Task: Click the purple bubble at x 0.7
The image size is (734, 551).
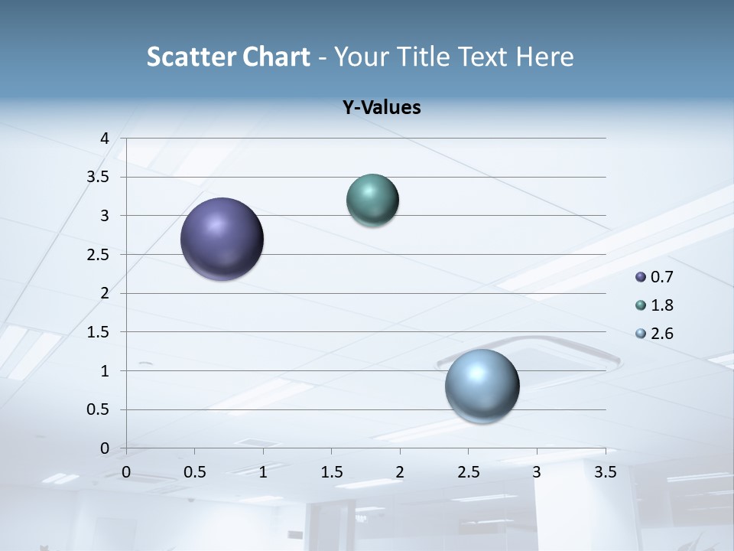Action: pyautogui.click(x=222, y=239)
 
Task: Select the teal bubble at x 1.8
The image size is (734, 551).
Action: pyautogui.click(x=373, y=201)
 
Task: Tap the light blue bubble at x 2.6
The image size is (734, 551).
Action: pyautogui.click(x=482, y=386)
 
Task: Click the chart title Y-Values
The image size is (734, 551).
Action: pyautogui.click(x=382, y=108)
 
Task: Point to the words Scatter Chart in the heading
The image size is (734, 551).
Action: pyautogui.click(x=228, y=57)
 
